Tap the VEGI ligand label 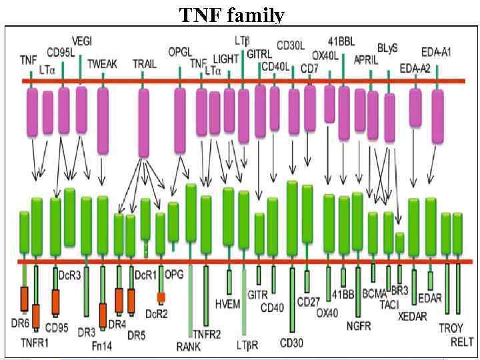81,41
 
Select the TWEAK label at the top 103,64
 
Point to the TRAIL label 143,64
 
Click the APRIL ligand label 366,60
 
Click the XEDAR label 412,316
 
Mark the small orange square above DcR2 161,297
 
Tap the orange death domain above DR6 25,298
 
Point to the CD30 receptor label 292,343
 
